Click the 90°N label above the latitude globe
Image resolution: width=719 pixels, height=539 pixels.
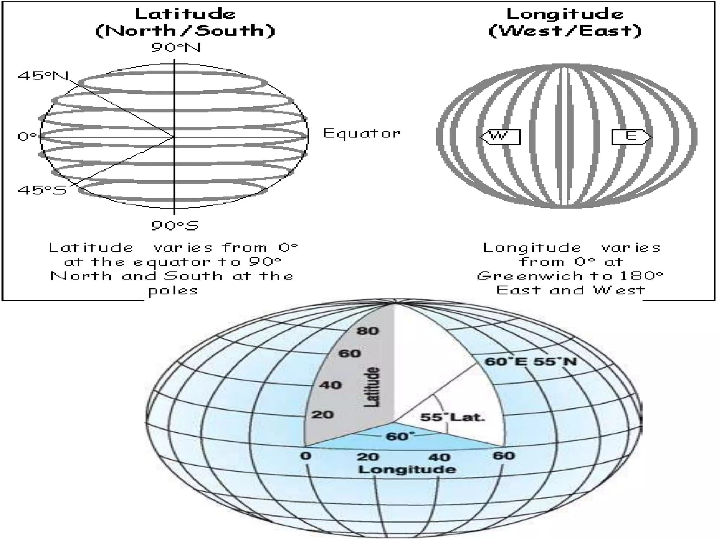coord(176,47)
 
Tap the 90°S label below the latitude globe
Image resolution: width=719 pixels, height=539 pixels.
coord(175,225)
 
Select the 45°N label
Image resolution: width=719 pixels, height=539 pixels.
coord(43,75)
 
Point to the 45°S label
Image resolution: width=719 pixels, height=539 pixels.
coord(42,190)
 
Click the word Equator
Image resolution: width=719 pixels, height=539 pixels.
coord(362,133)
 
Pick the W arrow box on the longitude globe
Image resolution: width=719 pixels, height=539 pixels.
coord(500,137)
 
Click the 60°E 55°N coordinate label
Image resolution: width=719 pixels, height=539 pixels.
coord(530,361)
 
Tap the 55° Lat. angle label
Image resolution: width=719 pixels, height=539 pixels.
coord(452,417)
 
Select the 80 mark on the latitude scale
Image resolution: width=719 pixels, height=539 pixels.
coord(368,331)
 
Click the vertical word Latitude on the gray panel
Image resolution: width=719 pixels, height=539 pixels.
coord(372,387)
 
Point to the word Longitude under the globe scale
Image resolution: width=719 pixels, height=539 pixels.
coord(407,470)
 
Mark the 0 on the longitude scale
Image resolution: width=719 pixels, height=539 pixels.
coord(306,456)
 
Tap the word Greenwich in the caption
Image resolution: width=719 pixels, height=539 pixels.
coord(530,276)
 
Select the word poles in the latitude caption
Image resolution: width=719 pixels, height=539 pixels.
coord(173,291)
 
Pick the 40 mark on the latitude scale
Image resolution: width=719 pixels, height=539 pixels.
coord(330,385)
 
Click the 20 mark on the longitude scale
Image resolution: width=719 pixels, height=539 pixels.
coord(368,457)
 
